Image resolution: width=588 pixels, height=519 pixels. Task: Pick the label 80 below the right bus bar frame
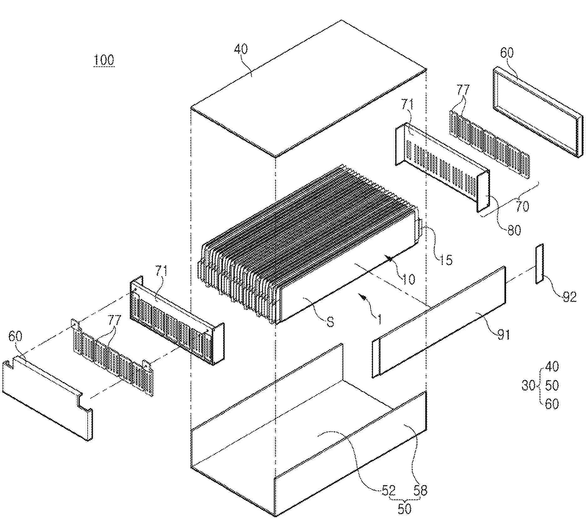514,231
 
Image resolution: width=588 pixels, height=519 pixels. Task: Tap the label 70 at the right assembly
522,206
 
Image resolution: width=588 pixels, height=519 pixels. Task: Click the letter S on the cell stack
330,322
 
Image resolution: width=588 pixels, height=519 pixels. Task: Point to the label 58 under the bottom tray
420,490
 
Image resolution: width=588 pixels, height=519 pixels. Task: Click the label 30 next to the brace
528,385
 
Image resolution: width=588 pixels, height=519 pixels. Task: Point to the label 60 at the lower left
15,336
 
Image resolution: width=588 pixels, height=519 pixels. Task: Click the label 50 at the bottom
404,509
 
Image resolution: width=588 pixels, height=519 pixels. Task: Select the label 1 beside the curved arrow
379,319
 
